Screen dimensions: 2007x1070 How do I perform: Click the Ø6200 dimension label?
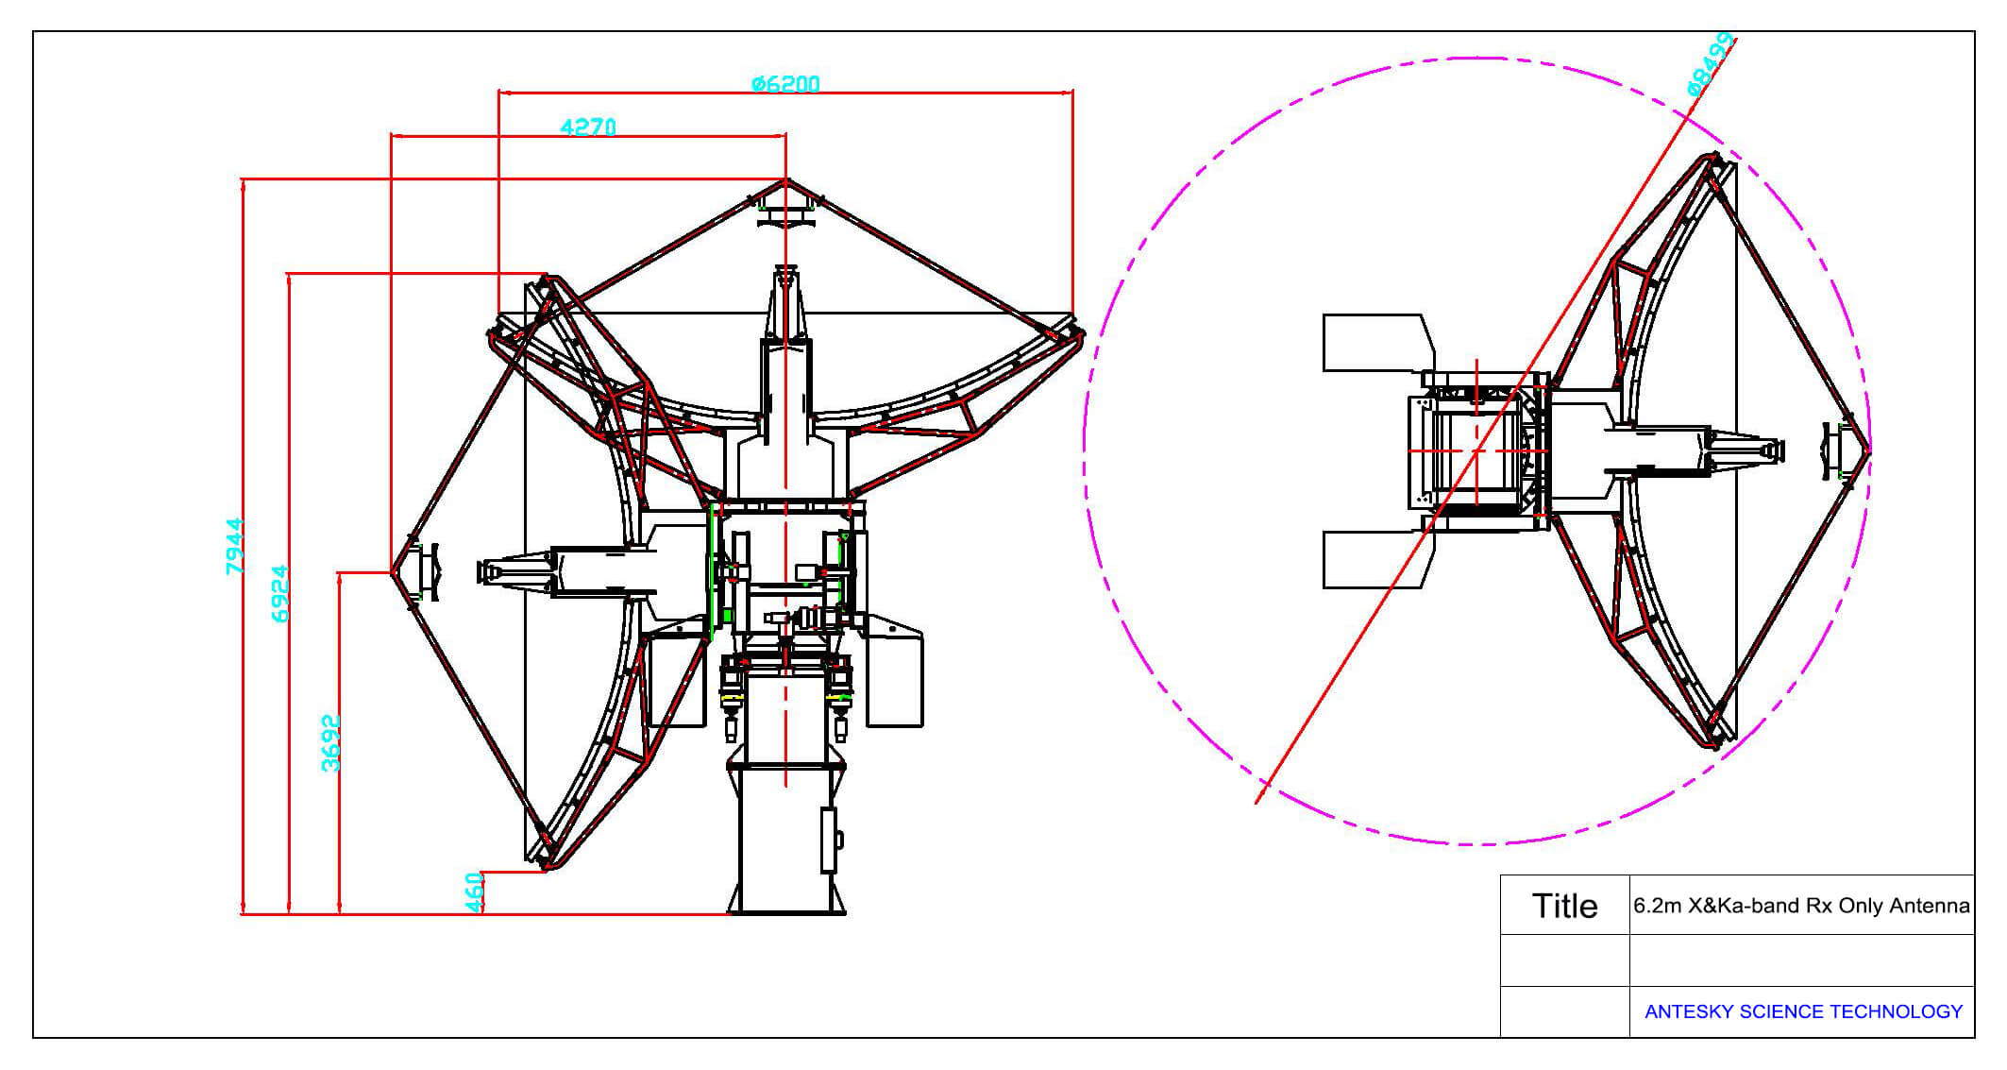[785, 83]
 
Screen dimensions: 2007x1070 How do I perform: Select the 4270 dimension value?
[588, 126]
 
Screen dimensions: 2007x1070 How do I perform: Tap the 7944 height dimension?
[234, 546]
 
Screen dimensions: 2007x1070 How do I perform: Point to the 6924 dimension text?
[279, 593]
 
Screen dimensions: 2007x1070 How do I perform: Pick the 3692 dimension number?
[330, 743]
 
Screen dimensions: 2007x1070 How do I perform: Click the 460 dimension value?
[475, 892]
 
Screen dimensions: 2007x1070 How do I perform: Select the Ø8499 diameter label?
[1711, 64]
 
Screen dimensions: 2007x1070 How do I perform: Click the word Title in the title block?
[1564, 906]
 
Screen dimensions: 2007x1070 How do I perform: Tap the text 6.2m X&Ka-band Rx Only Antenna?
[1801, 906]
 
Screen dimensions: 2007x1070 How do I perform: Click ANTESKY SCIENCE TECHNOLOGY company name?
[1803, 1011]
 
